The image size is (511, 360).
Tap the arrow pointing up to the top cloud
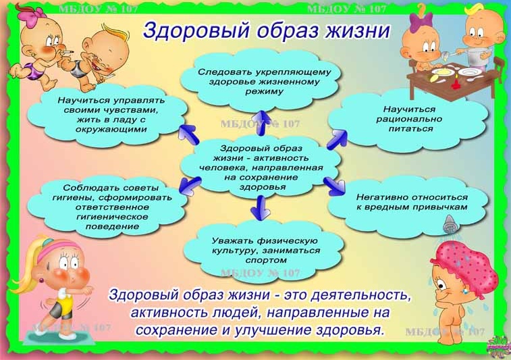coord(261,123)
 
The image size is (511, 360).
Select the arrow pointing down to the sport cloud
coord(260,207)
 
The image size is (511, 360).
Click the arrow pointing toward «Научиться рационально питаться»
coord(337,139)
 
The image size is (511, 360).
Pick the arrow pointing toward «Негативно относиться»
coord(334,186)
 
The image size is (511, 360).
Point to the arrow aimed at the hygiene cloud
coord(190,185)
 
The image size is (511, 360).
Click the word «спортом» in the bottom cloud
coord(266,261)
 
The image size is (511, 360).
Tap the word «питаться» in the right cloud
coord(410,129)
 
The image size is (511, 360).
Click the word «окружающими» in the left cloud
coord(111,130)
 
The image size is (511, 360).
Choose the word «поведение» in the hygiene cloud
coord(112,226)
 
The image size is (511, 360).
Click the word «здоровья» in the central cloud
coord(263,188)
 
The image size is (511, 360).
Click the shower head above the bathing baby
coord(450,224)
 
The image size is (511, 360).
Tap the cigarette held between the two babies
coord(67,53)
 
